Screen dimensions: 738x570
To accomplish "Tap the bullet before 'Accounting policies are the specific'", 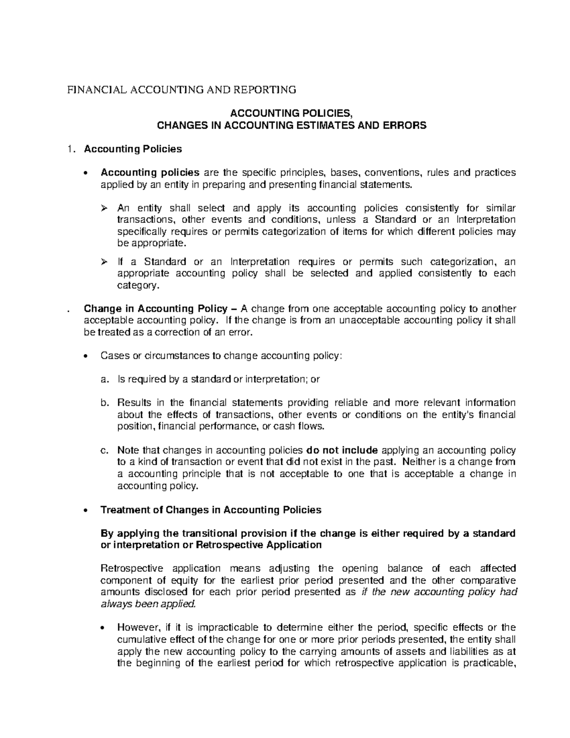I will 85,173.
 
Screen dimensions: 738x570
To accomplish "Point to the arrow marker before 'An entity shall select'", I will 104,208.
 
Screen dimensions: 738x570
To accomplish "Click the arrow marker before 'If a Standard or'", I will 104,262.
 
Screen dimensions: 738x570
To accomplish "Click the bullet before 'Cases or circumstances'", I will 85,356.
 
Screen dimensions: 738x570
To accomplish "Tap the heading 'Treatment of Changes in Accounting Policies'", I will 211,510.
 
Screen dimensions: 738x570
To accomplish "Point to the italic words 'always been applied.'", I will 148,604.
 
